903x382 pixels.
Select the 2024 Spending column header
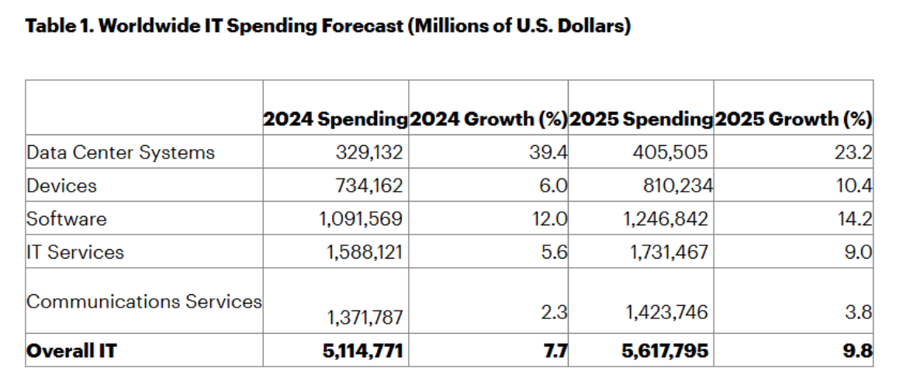(x=335, y=120)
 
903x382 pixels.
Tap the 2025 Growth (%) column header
(x=793, y=120)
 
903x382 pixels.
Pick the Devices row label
(x=61, y=186)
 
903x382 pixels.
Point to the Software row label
(x=67, y=219)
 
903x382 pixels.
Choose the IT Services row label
(x=75, y=252)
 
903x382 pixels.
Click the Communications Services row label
(x=144, y=301)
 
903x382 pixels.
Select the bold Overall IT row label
(x=71, y=351)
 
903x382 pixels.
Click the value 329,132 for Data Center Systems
(x=369, y=153)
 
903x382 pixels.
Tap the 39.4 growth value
(x=552, y=153)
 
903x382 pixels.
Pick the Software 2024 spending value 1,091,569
(x=361, y=219)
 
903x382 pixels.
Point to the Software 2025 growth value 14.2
(x=856, y=219)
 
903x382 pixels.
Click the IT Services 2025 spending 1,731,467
(x=666, y=252)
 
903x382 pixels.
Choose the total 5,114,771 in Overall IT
(x=363, y=351)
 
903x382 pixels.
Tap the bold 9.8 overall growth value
(x=860, y=351)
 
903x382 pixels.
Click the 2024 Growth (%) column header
(x=488, y=120)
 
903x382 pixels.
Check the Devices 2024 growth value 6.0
(x=555, y=186)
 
